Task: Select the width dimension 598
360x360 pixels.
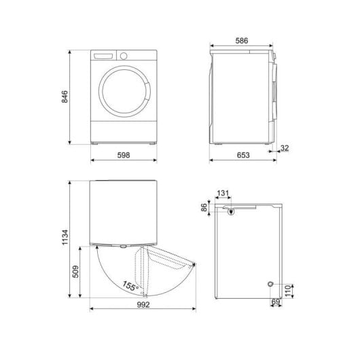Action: (124, 156)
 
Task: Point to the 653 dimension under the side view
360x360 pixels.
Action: (242, 156)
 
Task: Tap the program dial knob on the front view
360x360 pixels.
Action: (123, 56)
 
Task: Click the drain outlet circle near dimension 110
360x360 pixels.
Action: (270, 283)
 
